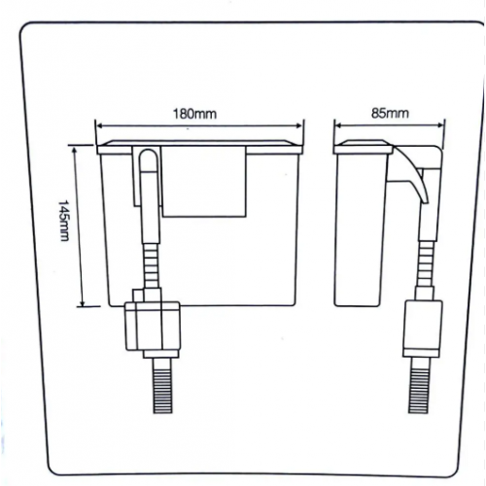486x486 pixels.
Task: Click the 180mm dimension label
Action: [x=194, y=114]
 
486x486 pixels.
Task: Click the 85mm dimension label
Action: [x=390, y=113]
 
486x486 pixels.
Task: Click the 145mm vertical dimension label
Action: [x=63, y=221]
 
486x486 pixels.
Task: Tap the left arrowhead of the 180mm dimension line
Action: [x=100, y=125]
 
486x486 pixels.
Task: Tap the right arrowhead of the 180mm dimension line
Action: [x=298, y=125]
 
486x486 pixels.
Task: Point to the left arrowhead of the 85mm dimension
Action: [x=339, y=125]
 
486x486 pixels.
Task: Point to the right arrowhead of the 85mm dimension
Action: [x=439, y=125]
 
